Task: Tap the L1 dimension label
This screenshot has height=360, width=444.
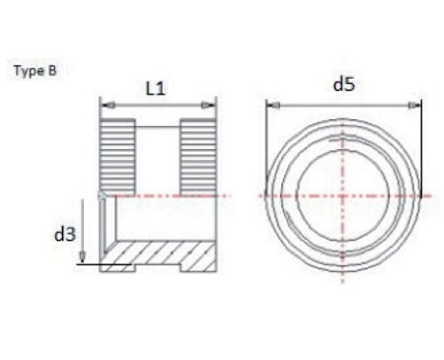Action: [x=156, y=88]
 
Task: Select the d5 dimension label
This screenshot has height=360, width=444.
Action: [x=343, y=85]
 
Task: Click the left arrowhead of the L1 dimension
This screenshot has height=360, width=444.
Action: [x=105, y=104]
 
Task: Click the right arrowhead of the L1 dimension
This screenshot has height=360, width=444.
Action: [x=212, y=104]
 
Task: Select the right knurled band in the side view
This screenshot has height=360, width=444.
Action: [x=196, y=154]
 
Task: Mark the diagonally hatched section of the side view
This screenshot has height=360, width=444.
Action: [x=158, y=259]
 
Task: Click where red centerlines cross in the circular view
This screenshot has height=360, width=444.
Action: [x=344, y=196]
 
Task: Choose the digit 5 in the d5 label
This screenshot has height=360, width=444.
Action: [x=349, y=85]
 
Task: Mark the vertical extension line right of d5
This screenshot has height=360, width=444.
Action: [x=422, y=148]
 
